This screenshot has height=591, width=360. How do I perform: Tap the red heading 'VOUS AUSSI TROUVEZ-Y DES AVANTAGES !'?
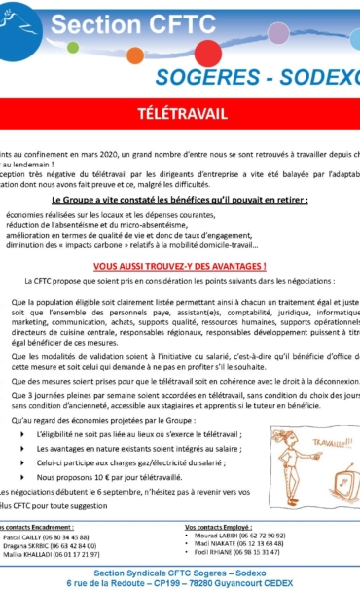[180, 266]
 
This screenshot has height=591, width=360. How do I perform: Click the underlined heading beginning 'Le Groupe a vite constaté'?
[180, 199]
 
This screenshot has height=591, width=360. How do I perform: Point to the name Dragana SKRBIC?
[29, 546]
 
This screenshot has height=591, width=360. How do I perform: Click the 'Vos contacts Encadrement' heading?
[39, 527]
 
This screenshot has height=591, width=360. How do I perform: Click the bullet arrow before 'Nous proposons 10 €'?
[22, 478]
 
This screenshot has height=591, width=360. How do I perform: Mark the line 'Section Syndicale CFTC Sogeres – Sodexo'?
[180, 571]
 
